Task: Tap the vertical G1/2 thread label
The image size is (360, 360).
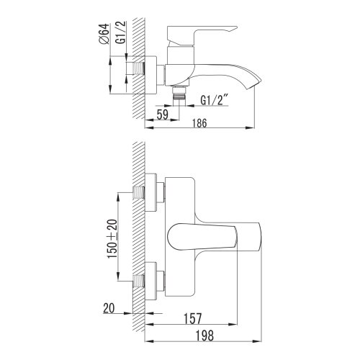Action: click(121, 32)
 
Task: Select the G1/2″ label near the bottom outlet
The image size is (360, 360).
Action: click(215, 100)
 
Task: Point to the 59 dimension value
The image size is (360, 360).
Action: click(163, 114)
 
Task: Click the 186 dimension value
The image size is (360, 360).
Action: click(199, 123)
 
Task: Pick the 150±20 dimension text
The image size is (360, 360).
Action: click(112, 239)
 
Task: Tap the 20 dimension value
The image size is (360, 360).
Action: click(109, 308)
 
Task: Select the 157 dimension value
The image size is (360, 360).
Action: click(193, 318)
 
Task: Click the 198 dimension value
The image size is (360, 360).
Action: click(204, 336)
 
